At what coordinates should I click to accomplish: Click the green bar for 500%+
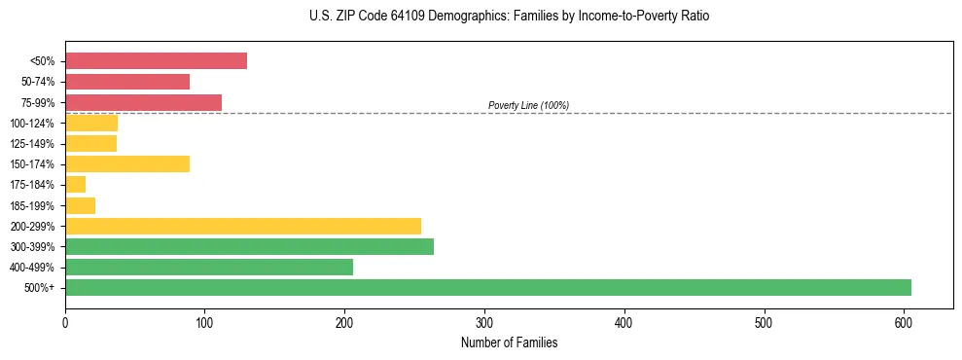[487, 287]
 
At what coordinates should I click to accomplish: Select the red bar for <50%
[156, 61]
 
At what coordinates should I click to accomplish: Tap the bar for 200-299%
[243, 226]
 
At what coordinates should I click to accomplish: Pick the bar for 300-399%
[249, 246]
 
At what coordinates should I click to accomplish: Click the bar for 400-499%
[209, 267]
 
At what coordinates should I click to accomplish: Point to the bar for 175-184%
[75, 184]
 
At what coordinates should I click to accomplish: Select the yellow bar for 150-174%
[127, 163]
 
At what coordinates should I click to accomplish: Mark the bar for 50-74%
[127, 82]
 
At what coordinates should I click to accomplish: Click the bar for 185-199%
[80, 205]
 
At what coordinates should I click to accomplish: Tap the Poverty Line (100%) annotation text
[528, 105]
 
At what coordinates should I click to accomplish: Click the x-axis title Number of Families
[509, 343]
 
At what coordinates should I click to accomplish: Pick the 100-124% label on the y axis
[32, 124]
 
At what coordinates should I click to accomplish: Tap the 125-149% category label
[32, 144]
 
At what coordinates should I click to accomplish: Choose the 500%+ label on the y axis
[40, 288]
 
